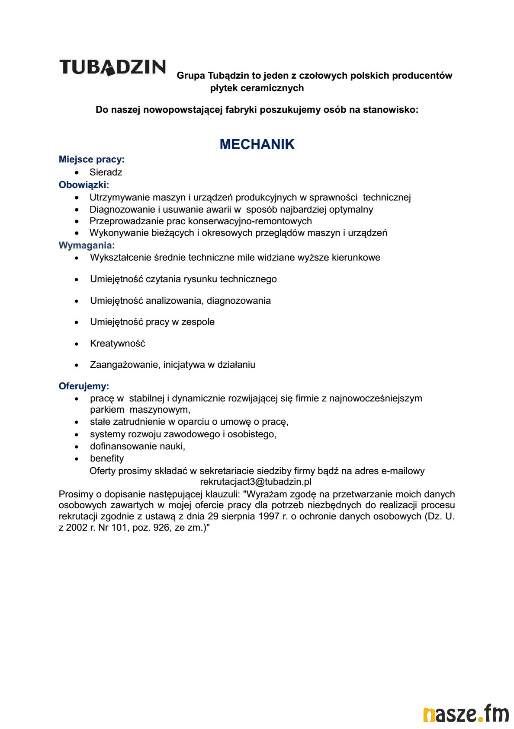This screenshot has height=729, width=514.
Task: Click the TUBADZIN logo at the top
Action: (112, 67)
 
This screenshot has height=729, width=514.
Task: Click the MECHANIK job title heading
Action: (257, 144)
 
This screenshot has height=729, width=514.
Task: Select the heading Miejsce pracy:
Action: (92, 159)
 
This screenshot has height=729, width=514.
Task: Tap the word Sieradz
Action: (106, 172)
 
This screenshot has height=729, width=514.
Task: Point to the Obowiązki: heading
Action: (84, 185)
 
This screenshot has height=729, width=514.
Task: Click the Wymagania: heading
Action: (87, 245)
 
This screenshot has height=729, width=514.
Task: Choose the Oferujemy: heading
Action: (84, 386)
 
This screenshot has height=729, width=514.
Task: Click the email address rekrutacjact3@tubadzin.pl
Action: (256, 482)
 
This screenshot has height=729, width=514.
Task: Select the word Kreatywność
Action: (118, 344)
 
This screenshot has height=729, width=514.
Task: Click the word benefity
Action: (107, 458)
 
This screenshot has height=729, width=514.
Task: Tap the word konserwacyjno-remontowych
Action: (250, 221)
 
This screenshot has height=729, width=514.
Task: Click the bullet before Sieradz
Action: (77, 173)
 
